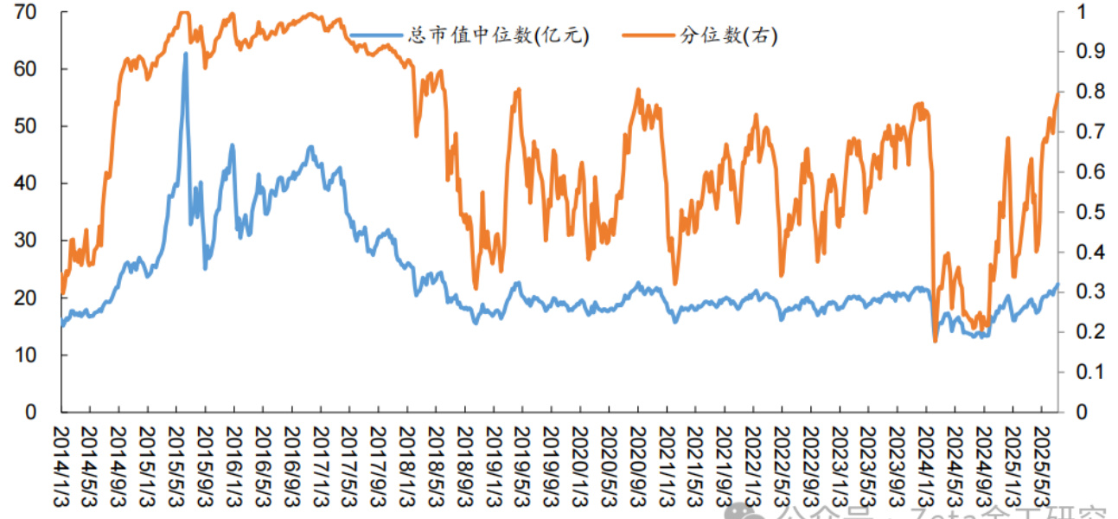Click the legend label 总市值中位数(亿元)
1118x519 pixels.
tap(499, 35)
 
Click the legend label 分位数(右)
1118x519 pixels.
tap(729, 35)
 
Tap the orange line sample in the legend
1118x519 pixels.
tap(648, 35)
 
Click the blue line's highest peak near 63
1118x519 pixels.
tap(185, 54)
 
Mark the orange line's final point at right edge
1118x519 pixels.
tap(1057, 93)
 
